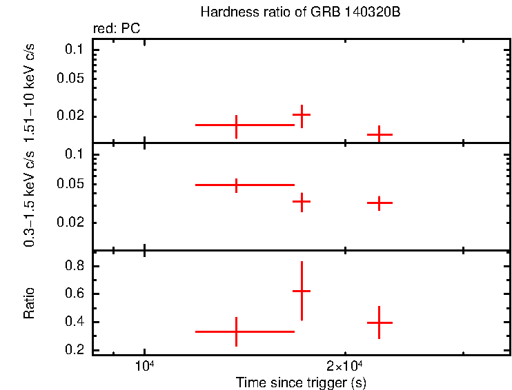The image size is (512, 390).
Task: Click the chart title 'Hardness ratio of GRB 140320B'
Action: point(301,12)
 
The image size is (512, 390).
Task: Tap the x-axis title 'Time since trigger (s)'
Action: point(300,382)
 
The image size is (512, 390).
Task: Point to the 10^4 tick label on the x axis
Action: point(144,365)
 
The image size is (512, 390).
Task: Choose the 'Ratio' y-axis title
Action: point(29,303)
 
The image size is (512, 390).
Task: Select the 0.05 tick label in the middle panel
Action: point(71,184)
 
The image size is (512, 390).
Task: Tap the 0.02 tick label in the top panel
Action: point(71,116)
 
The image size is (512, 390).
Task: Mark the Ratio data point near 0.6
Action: point(302,291)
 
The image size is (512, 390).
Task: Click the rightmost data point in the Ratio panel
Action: point(380,322)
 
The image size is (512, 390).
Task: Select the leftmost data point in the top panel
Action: point(237,125)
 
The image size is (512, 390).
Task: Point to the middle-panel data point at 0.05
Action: point(237,185)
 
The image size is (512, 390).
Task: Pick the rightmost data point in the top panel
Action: point(380,134)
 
